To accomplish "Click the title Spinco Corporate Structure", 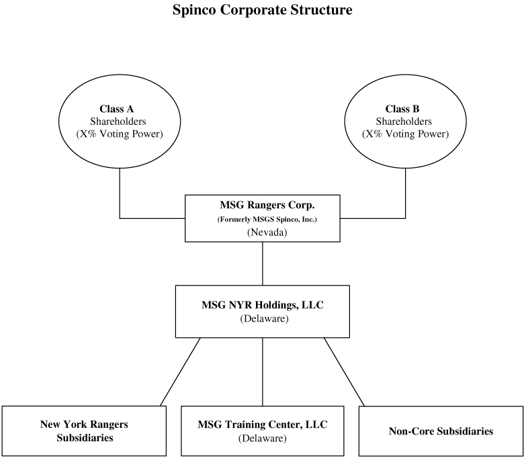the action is (262, 9).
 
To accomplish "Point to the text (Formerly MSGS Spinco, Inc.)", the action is (267, 220).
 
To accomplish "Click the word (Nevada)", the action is (267, 232).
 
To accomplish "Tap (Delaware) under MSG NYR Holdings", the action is (264, 318).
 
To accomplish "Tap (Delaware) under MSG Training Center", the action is (262, 438).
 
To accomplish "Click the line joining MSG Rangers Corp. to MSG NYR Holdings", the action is (263, 263).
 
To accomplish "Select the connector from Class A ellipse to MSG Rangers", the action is (120, 218).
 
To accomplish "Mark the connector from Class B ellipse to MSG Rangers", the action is (405, 218).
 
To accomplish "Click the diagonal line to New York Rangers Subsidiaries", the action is (181, 372).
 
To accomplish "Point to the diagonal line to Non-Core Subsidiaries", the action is (344, 372).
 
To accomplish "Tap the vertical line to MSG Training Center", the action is (263, 372).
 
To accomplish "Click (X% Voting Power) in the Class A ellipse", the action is (120, 134).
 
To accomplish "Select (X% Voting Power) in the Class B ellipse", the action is (405, 134).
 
